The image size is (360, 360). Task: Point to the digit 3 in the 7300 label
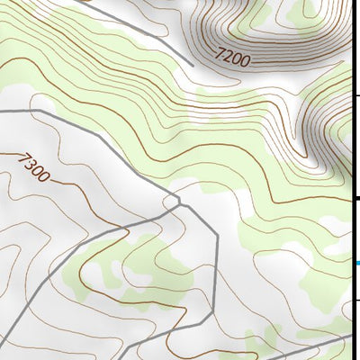(30, 162)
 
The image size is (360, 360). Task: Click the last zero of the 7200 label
(245, 65)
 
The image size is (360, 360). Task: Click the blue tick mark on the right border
(356, 263)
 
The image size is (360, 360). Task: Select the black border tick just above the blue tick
(356, 198)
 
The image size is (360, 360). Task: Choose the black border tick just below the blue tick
(356, 301)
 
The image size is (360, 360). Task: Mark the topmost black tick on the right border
(356, 94)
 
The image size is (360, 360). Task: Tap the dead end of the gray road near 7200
(193, 65)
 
